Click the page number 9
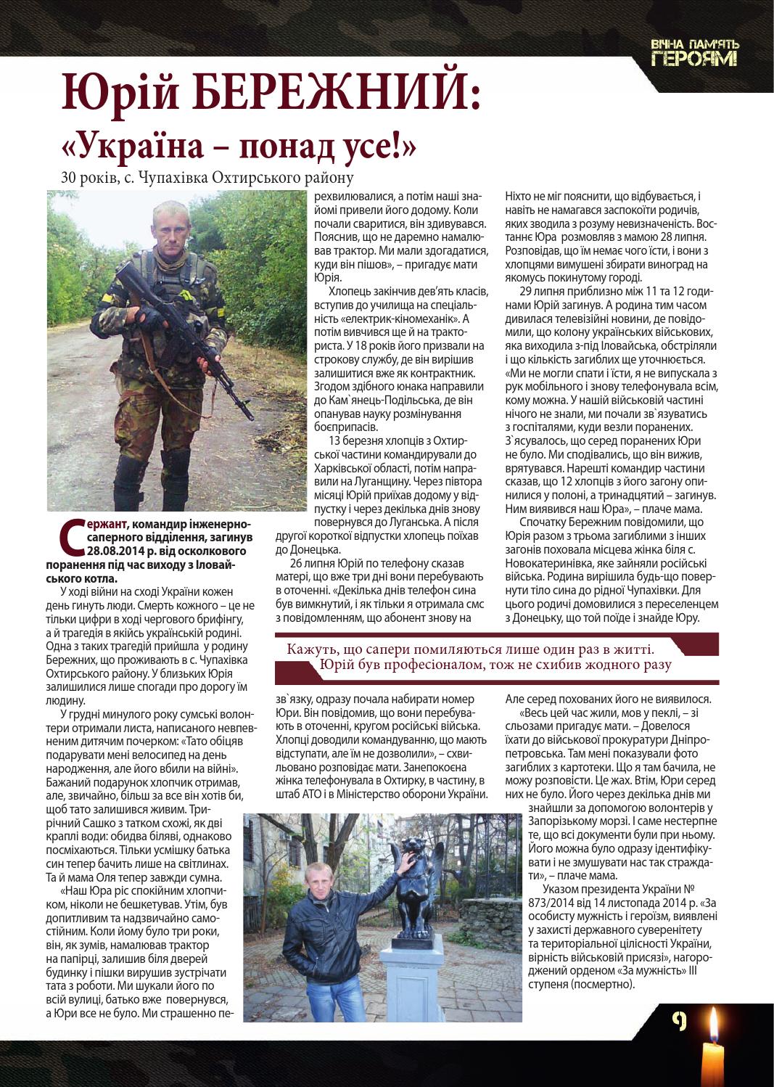point(679,1022)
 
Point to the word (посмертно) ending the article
point(603,985)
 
